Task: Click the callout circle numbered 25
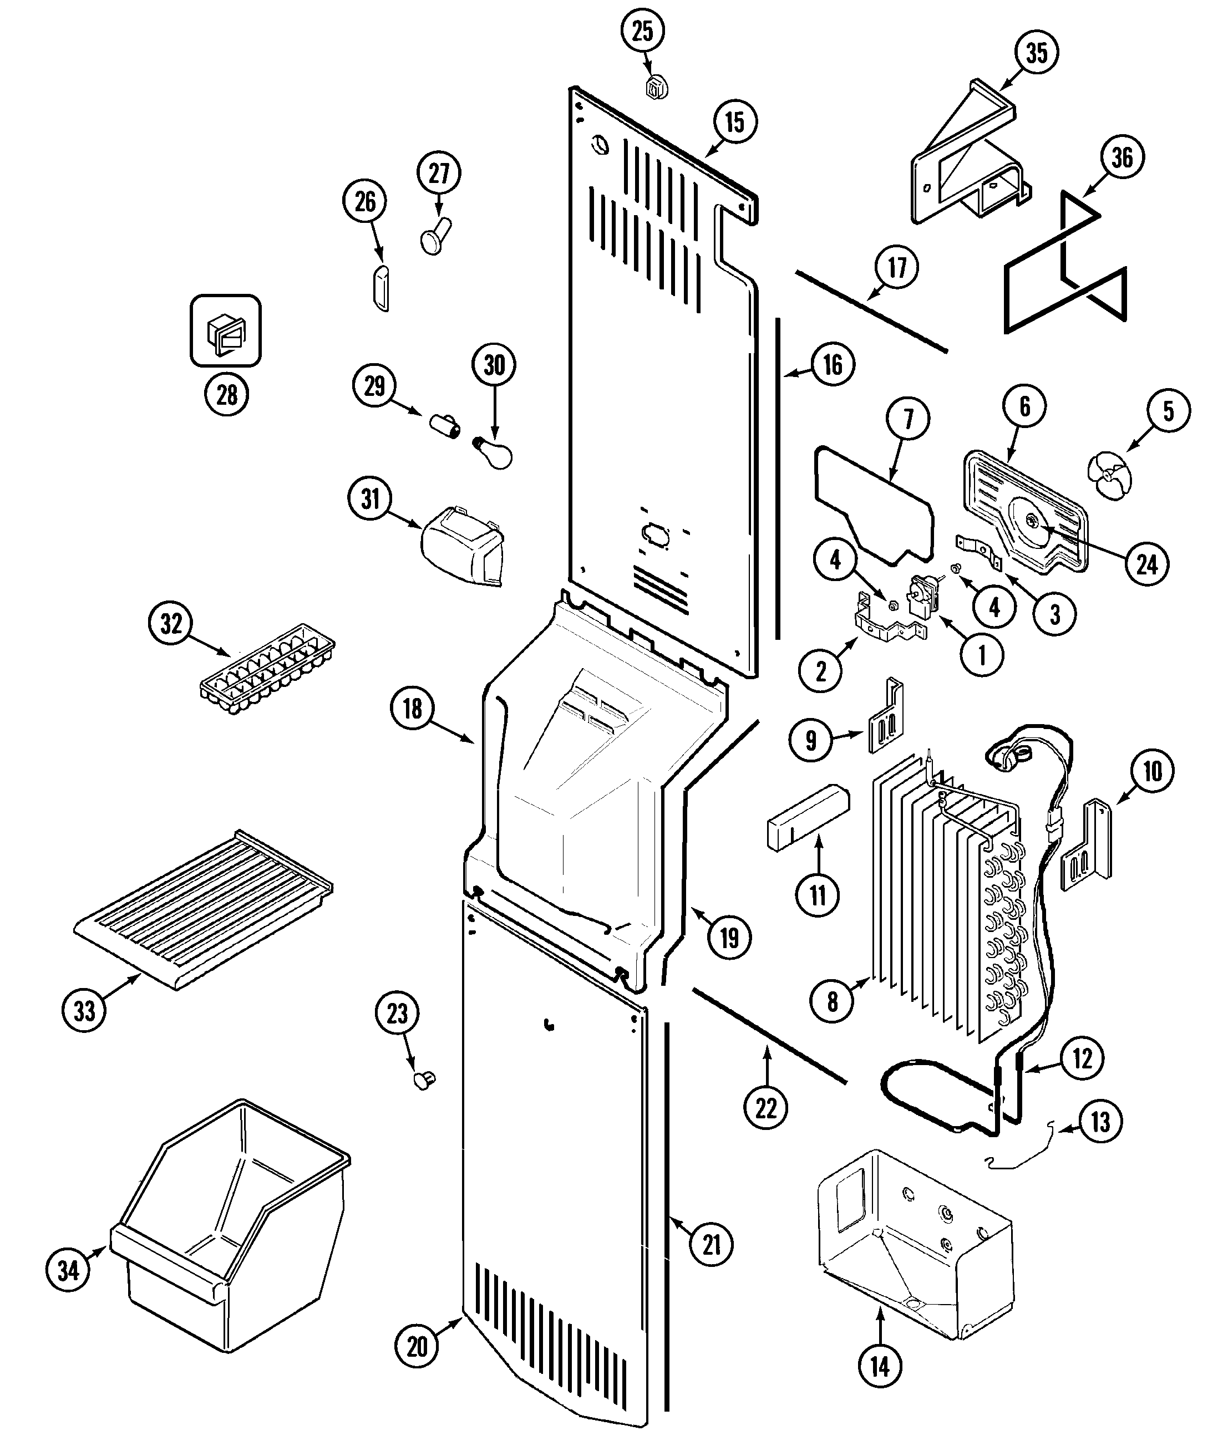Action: click(x=642, y=31)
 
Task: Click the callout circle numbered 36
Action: click(x=1121, y=157)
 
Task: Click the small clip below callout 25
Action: click(x=656, y=88)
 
